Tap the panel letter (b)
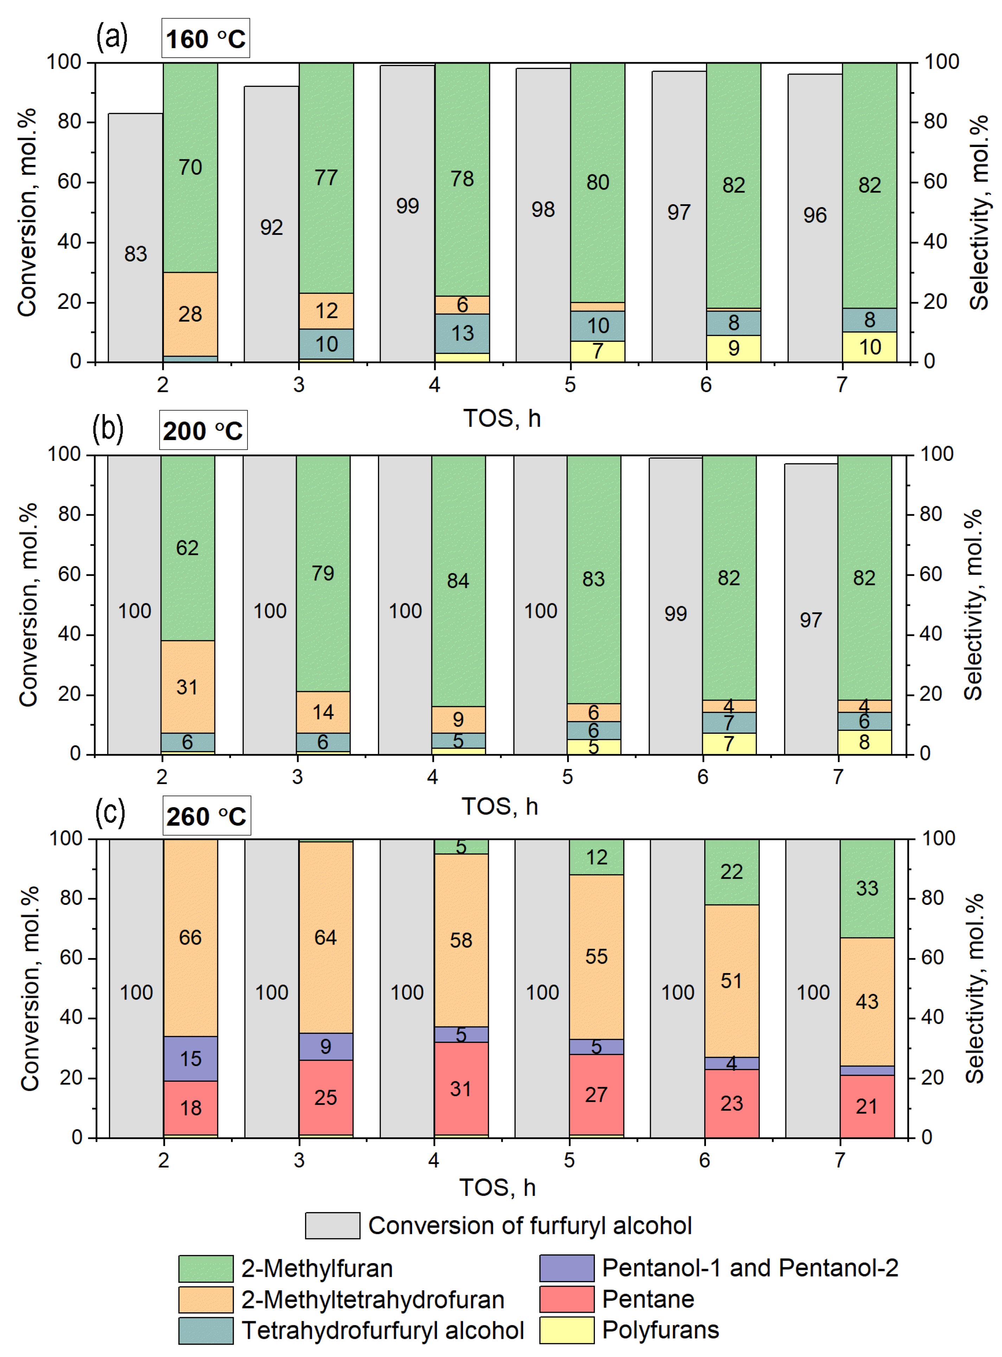pyautogui.click(x=108, y=428)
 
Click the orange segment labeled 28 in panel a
pyautogui.click(x=190, y=314)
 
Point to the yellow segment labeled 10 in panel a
pyautogui.click(x=869, y=347)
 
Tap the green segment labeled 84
pyautogui.click(x=458, y=580)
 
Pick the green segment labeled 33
pyautogui.click(x=867, y=888)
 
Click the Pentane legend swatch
pyautogui.click(x=566, y=1299)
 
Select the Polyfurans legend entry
pyautogui.click(x=660, y=1330)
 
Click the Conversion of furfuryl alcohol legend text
pyautogui.click(x=529, y=1226)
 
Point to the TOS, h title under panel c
pyautogui.click(x=497, y=1186)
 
